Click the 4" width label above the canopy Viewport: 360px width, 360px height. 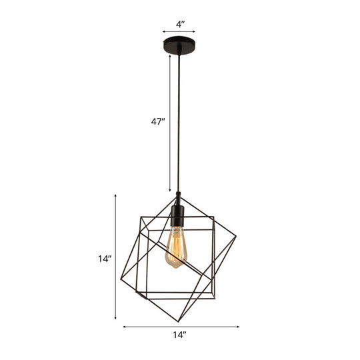click(180, 24)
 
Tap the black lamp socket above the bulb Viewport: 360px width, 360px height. click(178, 216)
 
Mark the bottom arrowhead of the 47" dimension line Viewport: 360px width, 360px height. click(169, 191)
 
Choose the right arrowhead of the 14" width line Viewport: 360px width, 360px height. click(238, 327)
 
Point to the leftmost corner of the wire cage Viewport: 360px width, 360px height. click(121, 279)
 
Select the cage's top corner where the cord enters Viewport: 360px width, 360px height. click(179, 194)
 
